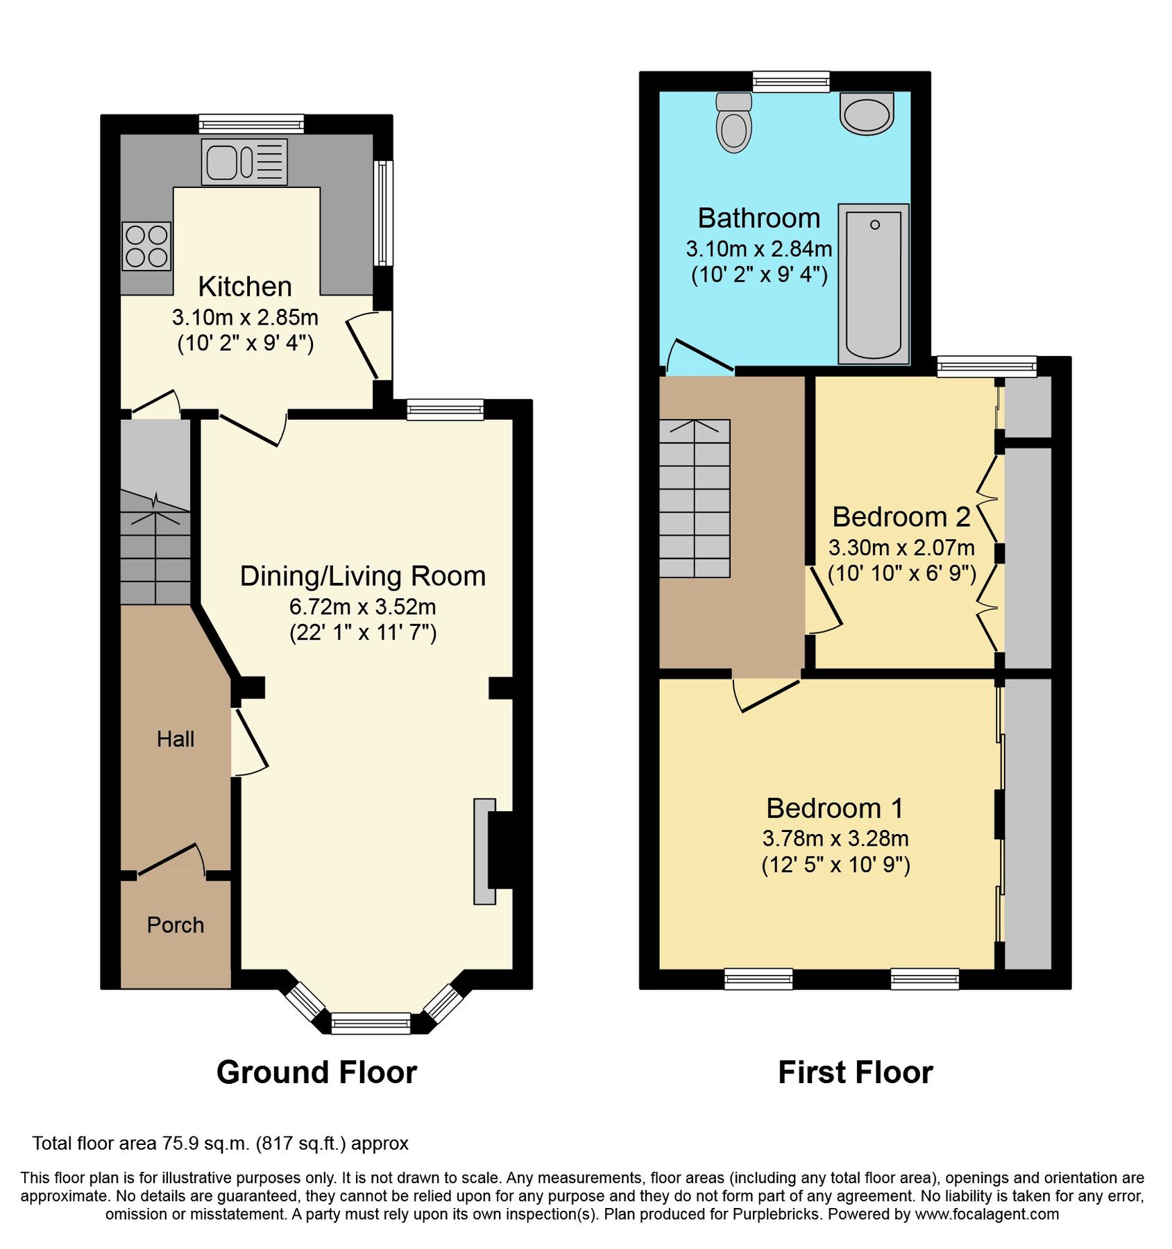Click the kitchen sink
point(244,162)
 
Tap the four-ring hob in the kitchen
point(146,246)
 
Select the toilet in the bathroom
point(733,124)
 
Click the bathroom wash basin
point(866,114)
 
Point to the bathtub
point(873,284)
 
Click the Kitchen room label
point(244,287)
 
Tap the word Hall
point(175,739)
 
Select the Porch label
point(175,925)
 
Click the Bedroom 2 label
point(901,517)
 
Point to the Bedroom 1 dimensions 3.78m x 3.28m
point(835,838)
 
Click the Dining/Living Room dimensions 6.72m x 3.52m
point(362,606)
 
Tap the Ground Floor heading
point(316,1072)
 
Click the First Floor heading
point(855,1072)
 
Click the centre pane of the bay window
point(371,1023)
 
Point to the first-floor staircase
point(694,499)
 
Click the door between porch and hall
point(170,860)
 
